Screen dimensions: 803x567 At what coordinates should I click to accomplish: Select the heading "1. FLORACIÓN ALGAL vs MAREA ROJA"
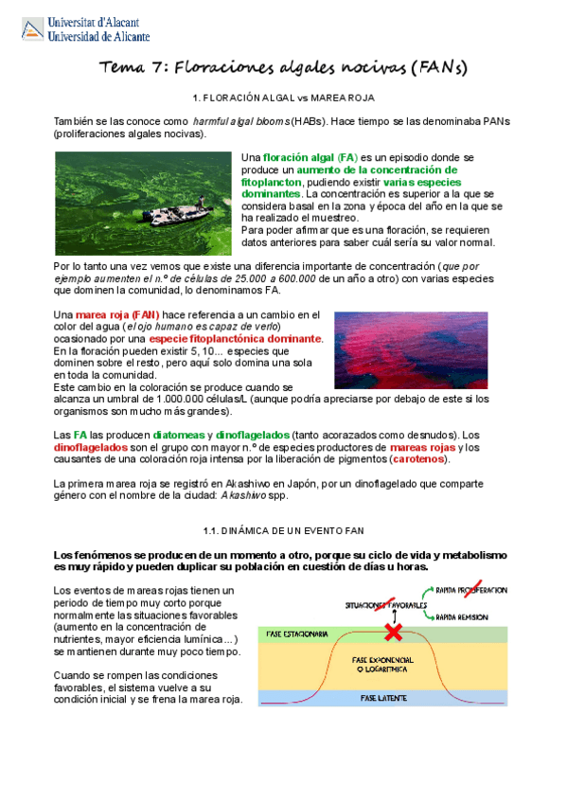click(x=283, y=98)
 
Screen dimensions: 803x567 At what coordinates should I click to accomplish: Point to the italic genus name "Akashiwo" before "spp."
click(x=246, y=495)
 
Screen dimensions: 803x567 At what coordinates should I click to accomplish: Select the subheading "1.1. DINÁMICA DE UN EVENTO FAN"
click(x=283, y=529)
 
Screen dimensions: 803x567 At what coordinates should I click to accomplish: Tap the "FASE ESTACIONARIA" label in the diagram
click(x=297, y=633)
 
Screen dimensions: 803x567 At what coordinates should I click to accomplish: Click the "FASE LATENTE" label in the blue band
click(x=383, y=697)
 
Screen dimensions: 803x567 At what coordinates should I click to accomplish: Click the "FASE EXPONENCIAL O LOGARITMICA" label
click(x=383, y=664)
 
